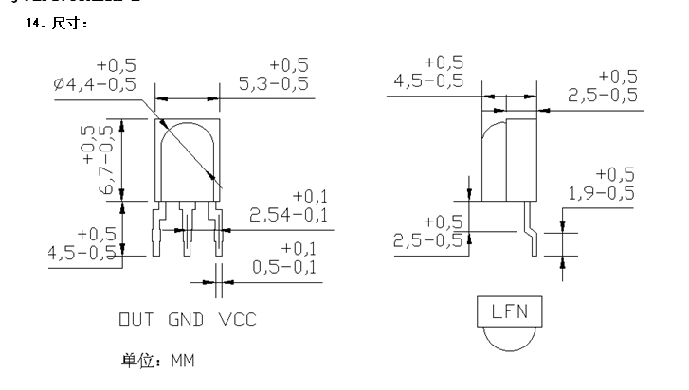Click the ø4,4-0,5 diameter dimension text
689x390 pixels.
[95, 84]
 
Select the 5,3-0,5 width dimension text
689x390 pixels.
[274, 84]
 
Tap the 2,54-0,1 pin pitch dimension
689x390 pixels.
[288, 215]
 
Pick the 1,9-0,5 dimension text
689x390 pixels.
[602, 194]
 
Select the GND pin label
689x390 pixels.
[187, 319]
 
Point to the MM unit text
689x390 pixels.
[182, 361]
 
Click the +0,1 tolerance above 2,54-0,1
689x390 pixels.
[309, 195]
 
